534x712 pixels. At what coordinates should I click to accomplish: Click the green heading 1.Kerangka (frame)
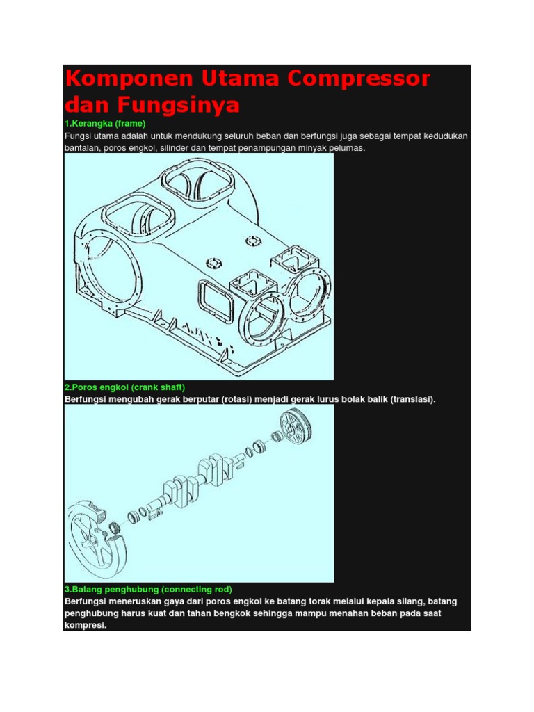coord(104,123)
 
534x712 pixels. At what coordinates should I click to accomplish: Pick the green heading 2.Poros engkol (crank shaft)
coord(125,387)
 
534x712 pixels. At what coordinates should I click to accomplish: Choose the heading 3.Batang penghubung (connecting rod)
coord(148,589)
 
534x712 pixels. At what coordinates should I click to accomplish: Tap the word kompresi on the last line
coord(85,625)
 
